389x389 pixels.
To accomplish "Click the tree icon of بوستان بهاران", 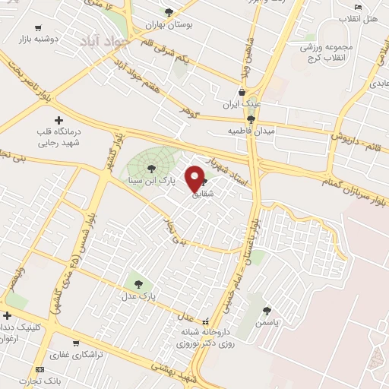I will pyautogui.click(x=169, y=12).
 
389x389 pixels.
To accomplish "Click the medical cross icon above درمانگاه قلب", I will pyautogui.click(x=59, y=120).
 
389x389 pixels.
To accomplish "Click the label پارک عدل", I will pyautogui.click(x=140, y=293).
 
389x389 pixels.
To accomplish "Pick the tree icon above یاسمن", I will pyautogui.click(x=267, y=311).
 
